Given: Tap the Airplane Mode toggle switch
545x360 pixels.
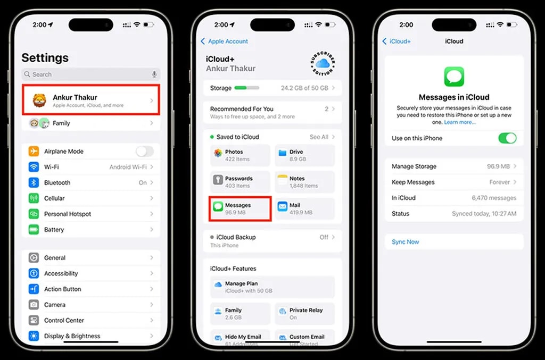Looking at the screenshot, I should [x=144, y=152].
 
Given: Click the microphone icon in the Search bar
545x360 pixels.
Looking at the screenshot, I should [x=154, y=74].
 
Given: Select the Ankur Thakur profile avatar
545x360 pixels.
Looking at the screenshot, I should [x=39, y=100].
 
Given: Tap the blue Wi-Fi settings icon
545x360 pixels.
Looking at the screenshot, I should [x=34, y=167].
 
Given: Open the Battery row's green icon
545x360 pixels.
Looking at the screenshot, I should [x=34, y=230].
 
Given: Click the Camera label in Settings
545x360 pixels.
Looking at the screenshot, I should [x=55, y=305].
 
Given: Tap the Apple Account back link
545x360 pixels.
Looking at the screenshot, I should [x=225, y=41].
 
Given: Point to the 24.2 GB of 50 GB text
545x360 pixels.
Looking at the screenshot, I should [x=304, y=88].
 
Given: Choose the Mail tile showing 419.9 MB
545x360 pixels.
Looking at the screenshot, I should [x=305, y=208].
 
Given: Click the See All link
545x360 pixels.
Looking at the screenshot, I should [x=319, y=137].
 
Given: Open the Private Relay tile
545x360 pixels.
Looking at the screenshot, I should [x=305, y=314].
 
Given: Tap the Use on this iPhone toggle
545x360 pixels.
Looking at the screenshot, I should [x=507, y=138].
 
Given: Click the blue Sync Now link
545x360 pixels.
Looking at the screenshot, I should [x=406, y=242].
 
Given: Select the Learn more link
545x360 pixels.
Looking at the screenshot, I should [x=460, y=122].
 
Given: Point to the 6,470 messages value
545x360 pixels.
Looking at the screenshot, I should [x=494, y=198].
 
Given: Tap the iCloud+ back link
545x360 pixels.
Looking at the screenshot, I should [x=397, y=41].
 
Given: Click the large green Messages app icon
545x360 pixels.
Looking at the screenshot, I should [x=454, y=77].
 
